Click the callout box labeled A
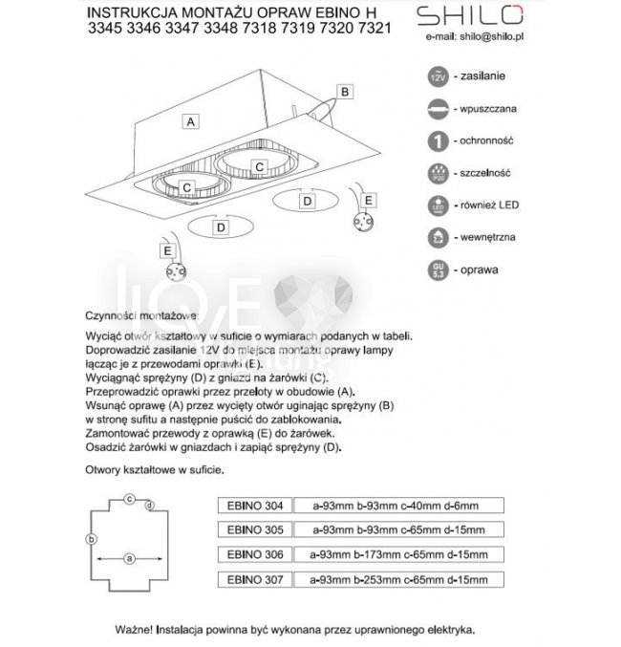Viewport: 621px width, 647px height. point(192,121)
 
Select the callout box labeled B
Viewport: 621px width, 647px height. point(346,92)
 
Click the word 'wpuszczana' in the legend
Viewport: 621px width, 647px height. point(490,108)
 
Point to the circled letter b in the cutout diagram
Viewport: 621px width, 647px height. point(91,540)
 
